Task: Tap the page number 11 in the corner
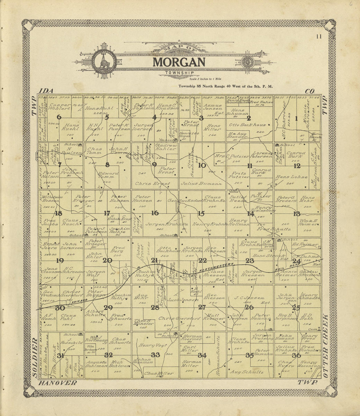[x=318, y=37]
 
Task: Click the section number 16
[x=155, y=213]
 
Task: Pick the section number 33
[x=155, y=355]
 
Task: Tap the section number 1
[x=297, y=119]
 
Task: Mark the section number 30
[x=60, y=308]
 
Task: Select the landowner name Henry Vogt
[x=153, y=345]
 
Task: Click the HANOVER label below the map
[x=57, y=383]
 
